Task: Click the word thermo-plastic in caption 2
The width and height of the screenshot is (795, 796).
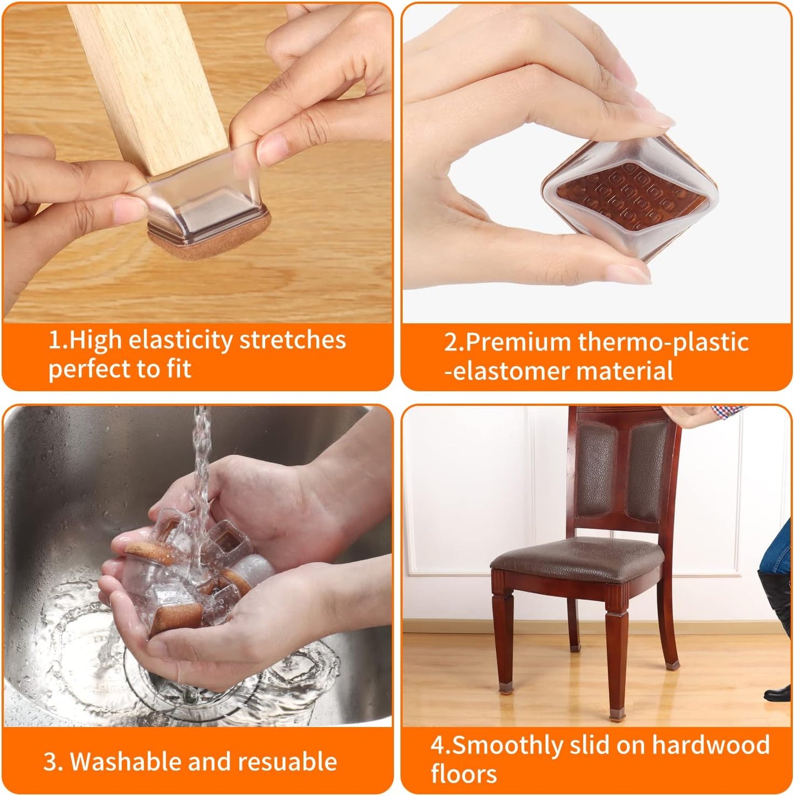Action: point(663,343)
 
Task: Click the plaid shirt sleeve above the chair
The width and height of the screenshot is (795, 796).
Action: point(726,410)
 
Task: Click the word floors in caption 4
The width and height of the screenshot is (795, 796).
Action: point(464,774)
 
